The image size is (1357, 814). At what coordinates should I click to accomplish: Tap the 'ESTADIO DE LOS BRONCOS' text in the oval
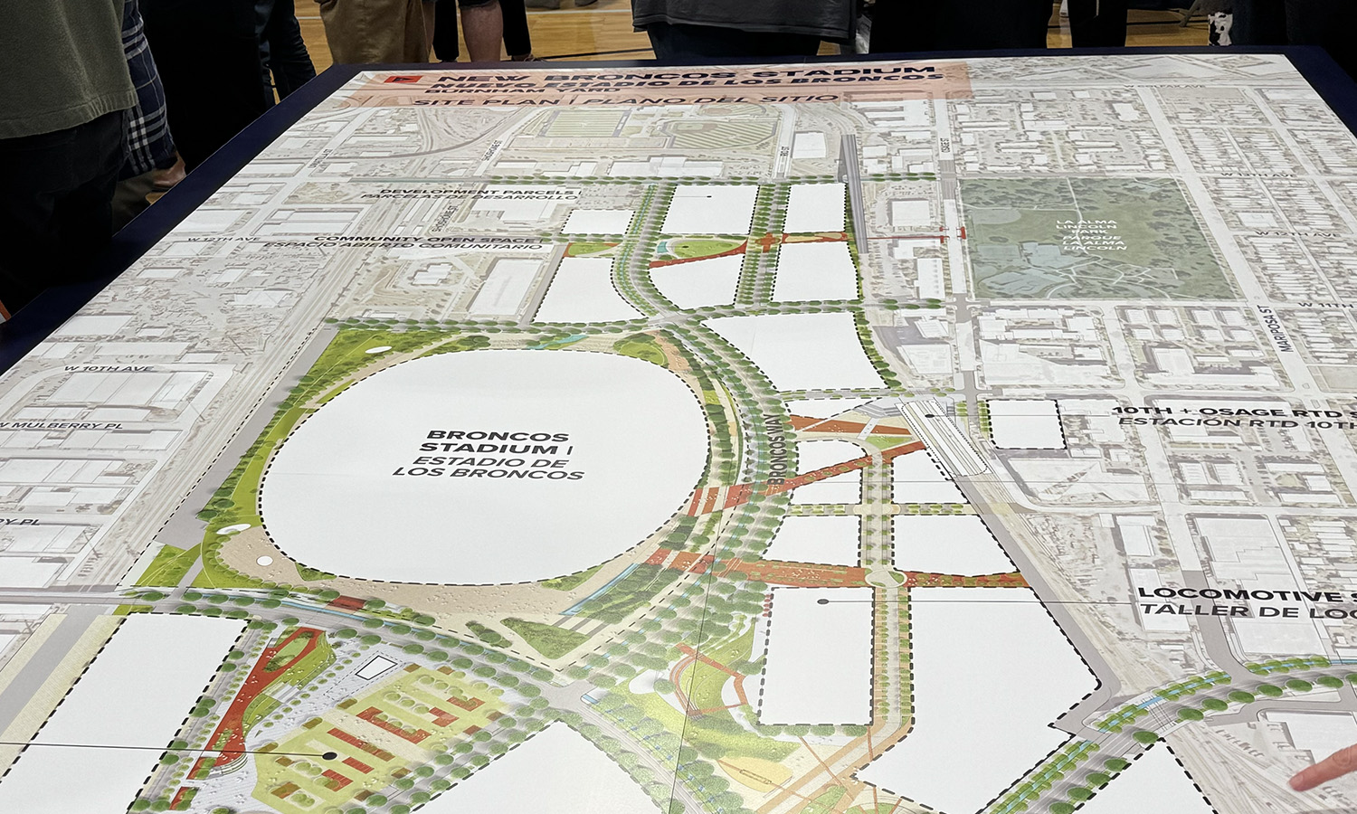coord(489,467)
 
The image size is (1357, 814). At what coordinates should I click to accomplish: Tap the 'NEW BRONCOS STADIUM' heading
coord(651,71)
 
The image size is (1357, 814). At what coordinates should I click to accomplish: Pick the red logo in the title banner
coord(392,80)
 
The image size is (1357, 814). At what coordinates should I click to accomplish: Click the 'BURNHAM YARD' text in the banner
coord(525,90)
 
